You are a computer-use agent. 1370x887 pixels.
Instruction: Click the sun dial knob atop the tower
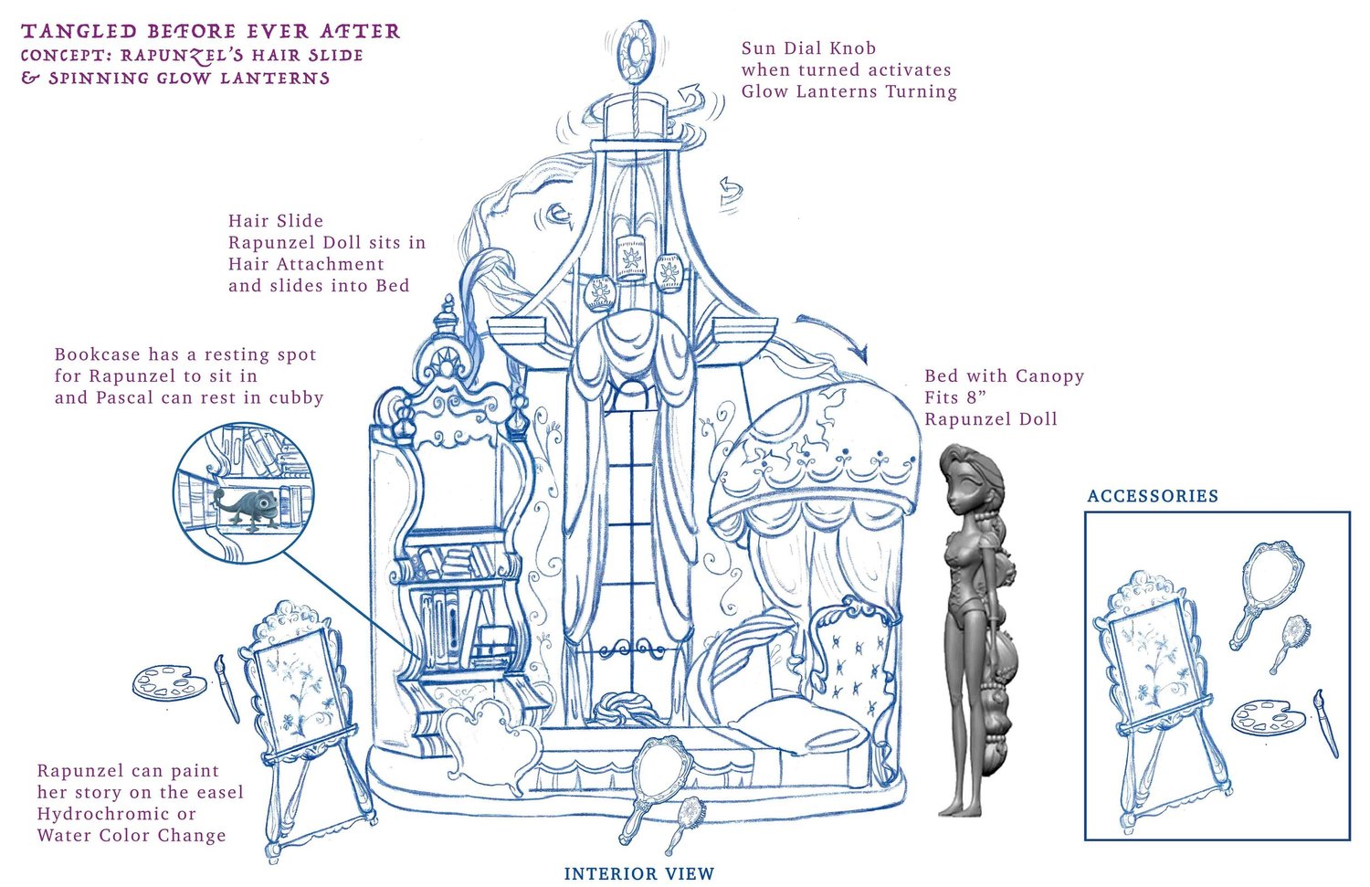636,50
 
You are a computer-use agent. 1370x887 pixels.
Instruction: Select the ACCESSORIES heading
1153,495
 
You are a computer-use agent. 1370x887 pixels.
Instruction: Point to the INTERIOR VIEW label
638,873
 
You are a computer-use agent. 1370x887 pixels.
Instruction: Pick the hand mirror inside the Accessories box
1266,595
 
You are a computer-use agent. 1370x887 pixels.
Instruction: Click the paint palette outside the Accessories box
170,681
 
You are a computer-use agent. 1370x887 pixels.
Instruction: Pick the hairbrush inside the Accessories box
1290,643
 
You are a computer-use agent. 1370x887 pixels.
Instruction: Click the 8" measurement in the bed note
973,397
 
